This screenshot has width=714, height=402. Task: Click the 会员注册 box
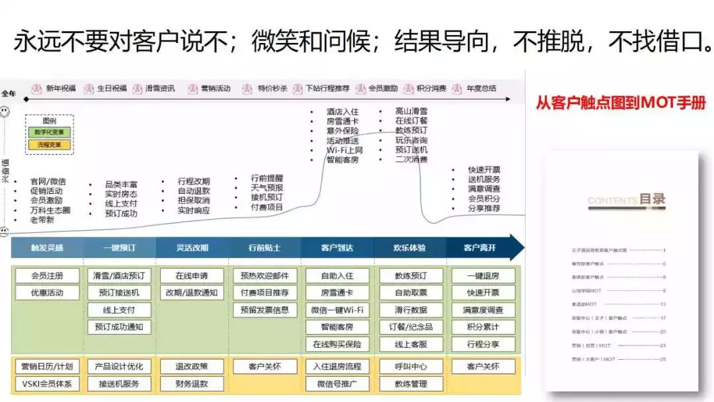point(47,276)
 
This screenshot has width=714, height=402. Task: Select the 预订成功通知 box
point(119,327)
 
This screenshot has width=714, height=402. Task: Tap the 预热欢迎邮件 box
point(265,276)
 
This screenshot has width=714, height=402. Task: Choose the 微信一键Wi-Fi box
point(337,310)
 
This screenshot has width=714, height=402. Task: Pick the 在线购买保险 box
point(337,344)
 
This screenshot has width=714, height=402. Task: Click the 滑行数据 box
point(411,310)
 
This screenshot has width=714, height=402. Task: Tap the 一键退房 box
point(483,276)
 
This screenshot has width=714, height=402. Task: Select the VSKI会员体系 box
point(47,383)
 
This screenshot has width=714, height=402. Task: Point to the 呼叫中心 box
point(411,366)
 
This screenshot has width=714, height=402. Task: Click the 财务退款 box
point(192,383)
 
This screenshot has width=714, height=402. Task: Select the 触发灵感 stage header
point(47,248)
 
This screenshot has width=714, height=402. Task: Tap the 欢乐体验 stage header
point(409,248)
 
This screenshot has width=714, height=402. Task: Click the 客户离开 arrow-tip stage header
point(483,248)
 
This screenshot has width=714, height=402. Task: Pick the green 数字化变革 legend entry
point(50,132)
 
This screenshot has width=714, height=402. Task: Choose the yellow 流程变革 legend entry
point(50,144)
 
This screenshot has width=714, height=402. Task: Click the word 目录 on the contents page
point(652,199)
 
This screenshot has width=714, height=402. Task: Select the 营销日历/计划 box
point(47,366)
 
